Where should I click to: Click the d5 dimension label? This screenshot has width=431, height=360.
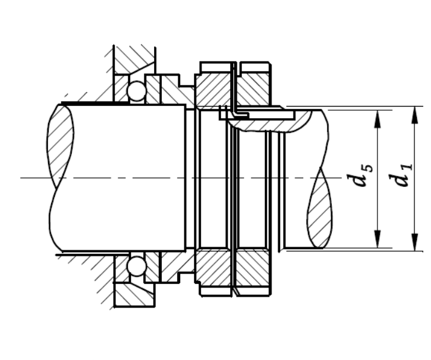tap(363, 175)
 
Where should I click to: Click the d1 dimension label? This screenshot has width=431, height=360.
tap(403, 175)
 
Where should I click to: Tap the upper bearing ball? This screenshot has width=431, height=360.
tap(136, 91)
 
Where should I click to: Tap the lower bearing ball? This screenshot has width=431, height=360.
tap(136, 266)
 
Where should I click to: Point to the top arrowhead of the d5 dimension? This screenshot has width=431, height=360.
tap(378, 119)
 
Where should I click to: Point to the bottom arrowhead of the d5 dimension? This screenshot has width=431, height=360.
tap(378, 239)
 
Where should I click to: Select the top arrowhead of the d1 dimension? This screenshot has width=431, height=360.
tap(415, 115)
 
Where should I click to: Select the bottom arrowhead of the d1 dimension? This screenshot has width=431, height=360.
tap(415, 242)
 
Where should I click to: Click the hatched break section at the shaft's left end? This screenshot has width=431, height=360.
tap(60, 146)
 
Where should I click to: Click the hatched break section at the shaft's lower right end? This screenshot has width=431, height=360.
tap(320, 209)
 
